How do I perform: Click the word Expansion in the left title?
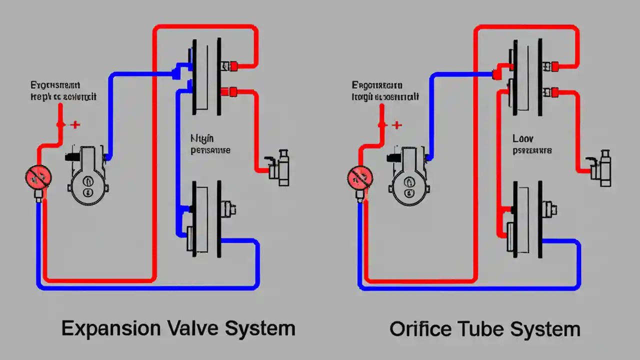coord(110,328)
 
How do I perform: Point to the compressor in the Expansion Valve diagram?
coord(87,176)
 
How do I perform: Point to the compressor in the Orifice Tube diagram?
coord(408,176)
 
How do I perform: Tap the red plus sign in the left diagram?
coord(75,124)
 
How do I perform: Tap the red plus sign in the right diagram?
coord(396,124)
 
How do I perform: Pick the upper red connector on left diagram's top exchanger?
coord(233,65)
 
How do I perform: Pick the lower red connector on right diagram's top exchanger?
coord(554,91)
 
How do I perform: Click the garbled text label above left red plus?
coord(62,91)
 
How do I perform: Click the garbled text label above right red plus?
coord(384,91)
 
